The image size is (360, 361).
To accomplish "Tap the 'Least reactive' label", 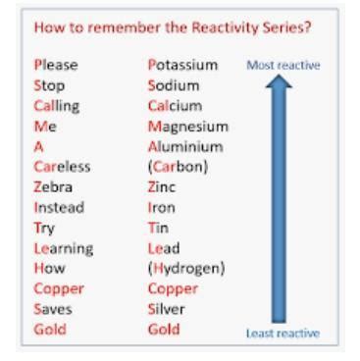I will tap(288, 334).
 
